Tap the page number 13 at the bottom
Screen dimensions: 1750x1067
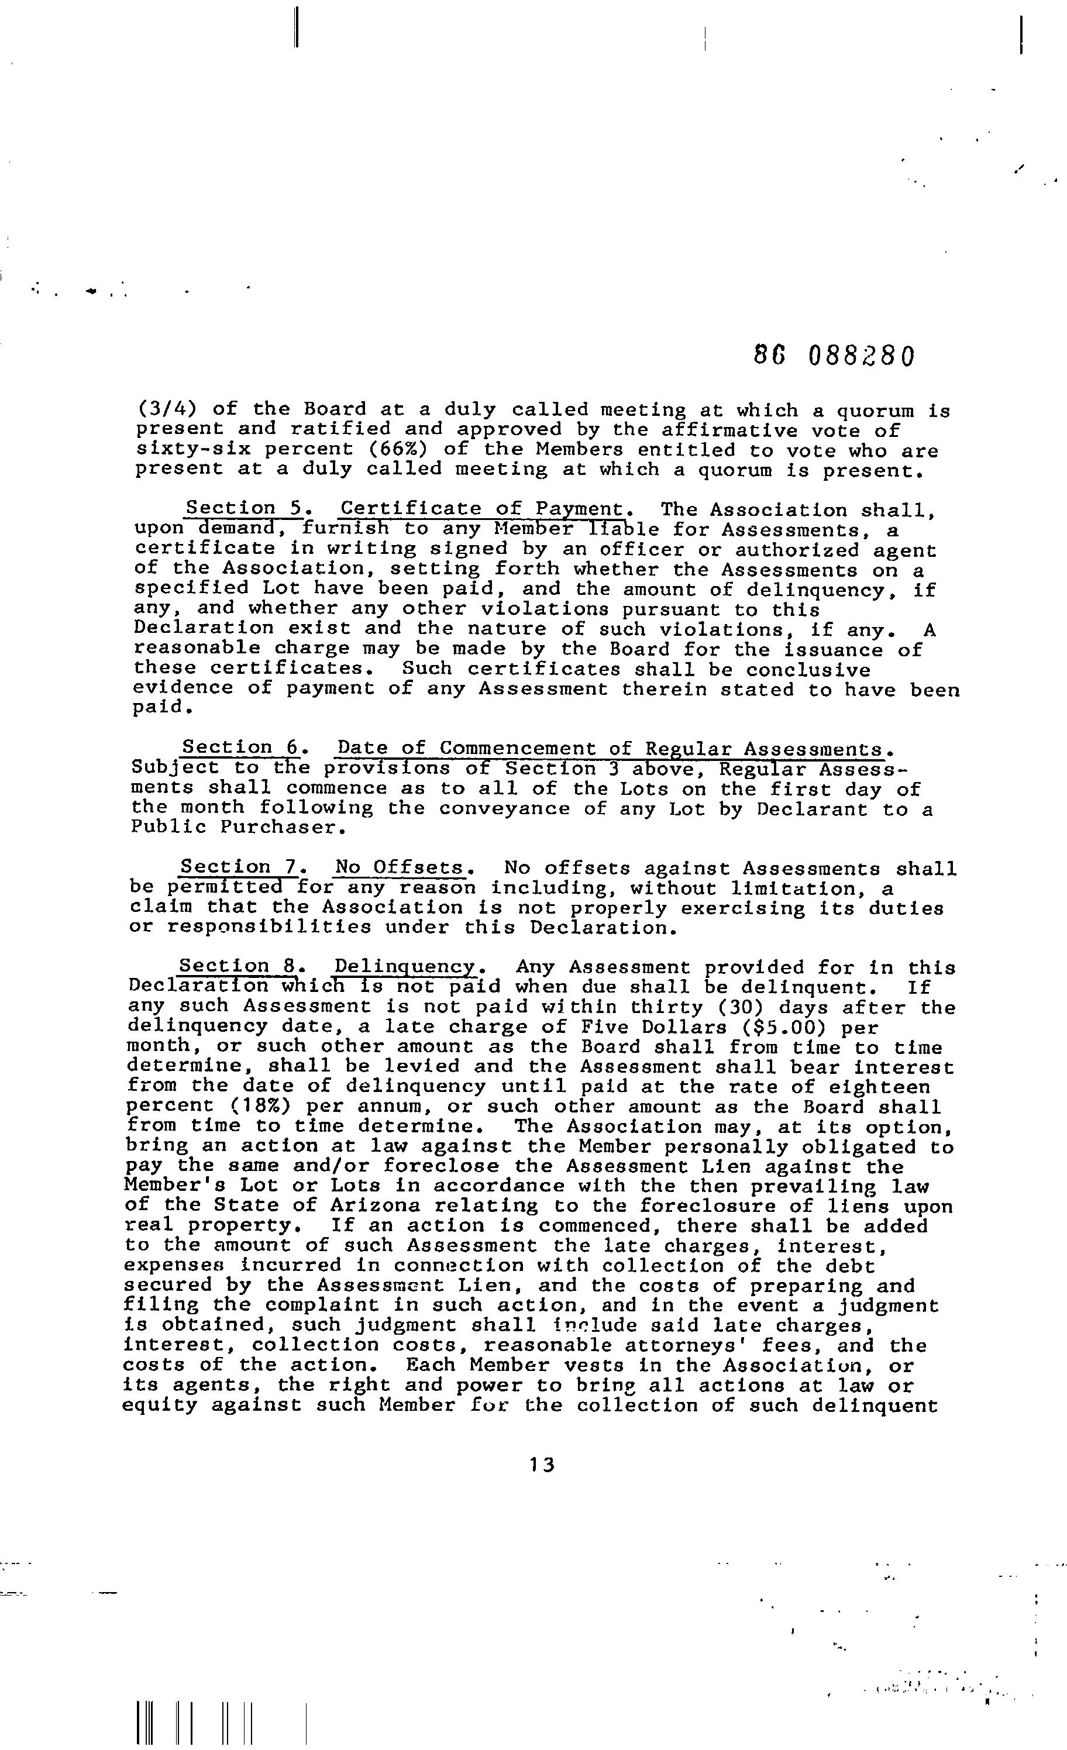541,1465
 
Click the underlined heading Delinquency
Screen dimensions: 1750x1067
408,967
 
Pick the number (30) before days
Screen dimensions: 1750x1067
738,1008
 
